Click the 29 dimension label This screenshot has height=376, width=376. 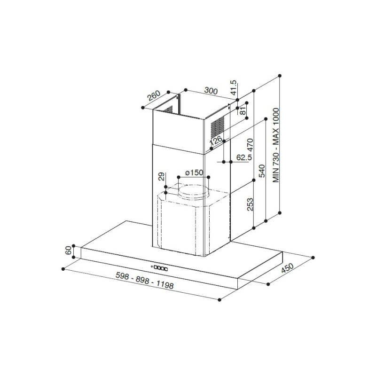(161, 177)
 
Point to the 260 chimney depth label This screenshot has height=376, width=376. (154, 96)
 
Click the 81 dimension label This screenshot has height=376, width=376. (243, 111)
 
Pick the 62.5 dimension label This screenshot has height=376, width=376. (243, 157)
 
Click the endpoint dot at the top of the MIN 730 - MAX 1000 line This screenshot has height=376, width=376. (280, 76)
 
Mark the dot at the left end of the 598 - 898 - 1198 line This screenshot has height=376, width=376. (63, 269)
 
